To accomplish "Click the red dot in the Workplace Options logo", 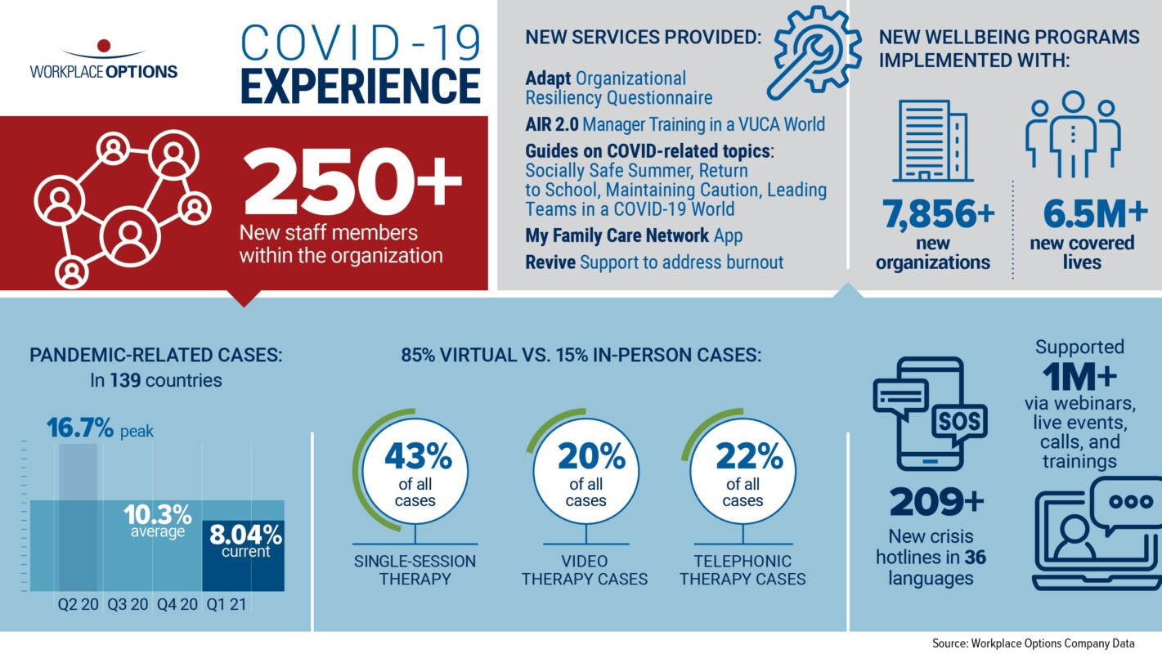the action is [x=104, y=46].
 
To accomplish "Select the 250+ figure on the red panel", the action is [x=352, y=181].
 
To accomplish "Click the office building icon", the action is [x=933, y=141].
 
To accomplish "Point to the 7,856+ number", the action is [x=939, y=213].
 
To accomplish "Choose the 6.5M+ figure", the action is [x=1095, y=213].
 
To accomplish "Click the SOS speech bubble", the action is [x=959, y=423].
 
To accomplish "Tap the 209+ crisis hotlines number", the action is [x=936, y=501].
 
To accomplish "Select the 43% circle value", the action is [x=418, y=456].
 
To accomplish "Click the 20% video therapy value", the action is [x=591, y=456].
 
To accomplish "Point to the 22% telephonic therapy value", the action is [x=749, y=456].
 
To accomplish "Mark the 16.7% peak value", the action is [x=80, y=428].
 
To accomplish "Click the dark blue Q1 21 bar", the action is [x=244, y=555].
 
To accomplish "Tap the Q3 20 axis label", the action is [x=128, y=604].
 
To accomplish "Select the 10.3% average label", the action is [x=158, y=521].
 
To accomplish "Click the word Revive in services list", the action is [x=550, y=262].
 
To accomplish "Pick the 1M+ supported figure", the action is [x=1079, y=377].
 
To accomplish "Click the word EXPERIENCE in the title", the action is [x=361, y=86].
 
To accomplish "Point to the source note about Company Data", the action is [x=1034, y=643].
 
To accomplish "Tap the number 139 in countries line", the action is [x=125, y=380].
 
